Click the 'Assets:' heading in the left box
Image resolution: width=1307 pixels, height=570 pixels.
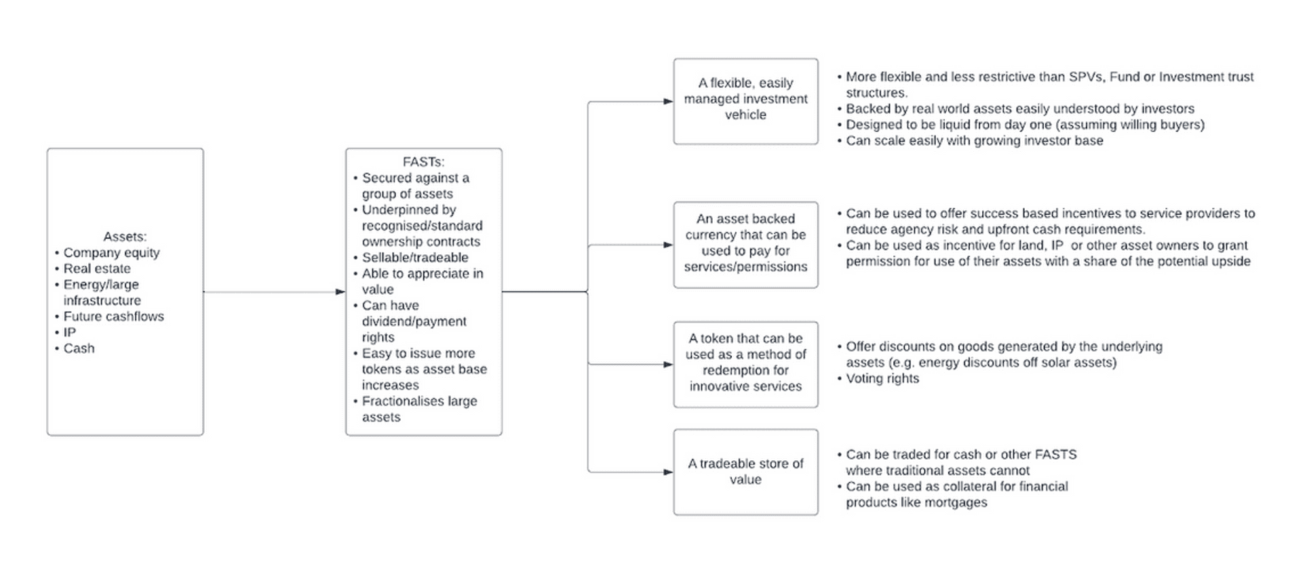point(125,237)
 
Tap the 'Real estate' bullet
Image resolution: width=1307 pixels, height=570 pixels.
point(93,268)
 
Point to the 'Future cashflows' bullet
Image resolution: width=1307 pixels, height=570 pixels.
point(109,317)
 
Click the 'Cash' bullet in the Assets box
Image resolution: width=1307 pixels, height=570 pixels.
point(75,348)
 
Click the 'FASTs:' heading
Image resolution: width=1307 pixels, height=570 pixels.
point(424,162)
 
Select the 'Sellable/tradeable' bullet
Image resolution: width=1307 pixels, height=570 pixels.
point(411,258)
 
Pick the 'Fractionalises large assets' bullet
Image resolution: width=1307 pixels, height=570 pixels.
point(415,409)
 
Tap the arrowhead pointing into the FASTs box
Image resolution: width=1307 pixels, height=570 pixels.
point(340,292)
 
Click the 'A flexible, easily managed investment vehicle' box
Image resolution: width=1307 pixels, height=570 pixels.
point(745,101)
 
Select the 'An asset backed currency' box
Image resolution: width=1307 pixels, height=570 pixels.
point(745,245)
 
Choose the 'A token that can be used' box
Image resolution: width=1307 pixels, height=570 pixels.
point(745,365)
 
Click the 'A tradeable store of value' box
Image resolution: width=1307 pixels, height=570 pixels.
point(745,472)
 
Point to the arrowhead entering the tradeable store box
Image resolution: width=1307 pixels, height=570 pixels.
point(668,472)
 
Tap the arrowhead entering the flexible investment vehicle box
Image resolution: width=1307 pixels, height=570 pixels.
point(668,101)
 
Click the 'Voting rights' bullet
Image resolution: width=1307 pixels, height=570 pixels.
point(878,379)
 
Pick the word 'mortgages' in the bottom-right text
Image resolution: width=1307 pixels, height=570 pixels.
point(955,503)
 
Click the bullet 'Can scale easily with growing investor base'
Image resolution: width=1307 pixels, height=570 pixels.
point(971,141)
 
